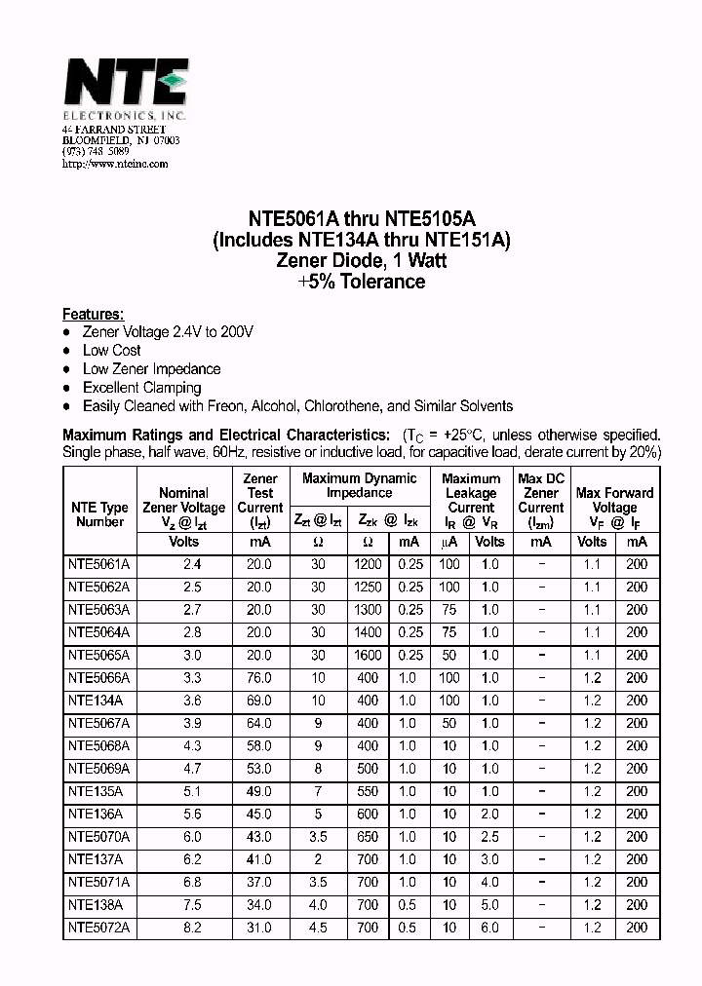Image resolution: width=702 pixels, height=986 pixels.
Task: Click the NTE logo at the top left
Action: [124, 83]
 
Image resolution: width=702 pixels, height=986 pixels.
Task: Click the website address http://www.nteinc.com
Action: [115, 164]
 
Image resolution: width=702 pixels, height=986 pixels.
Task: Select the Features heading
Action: [93, 314]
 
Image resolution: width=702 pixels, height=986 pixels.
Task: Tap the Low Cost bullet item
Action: [111, 350]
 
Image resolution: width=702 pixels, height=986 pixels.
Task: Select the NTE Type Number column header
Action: [99, 514]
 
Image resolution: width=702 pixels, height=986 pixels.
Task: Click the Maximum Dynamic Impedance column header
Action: [359, 485]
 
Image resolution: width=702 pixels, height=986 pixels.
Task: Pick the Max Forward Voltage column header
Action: [614, 500]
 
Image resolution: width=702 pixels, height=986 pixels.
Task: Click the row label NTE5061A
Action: [98, 564]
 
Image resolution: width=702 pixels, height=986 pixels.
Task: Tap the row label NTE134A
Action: [95, 701]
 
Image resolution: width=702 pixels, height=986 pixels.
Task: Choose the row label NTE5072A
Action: [98, 928]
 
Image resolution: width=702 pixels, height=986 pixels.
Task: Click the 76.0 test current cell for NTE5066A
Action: [259, 677]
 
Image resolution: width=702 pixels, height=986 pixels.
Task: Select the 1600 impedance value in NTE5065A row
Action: [368, 655]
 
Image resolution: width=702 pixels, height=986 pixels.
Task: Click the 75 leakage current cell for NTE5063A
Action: [448, 610]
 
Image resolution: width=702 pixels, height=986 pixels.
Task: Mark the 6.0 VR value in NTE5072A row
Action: [489, 928]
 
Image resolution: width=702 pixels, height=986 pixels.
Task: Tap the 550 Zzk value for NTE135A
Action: [368, 791]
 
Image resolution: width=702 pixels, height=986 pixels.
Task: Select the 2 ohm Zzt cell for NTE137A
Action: [318, 859]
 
